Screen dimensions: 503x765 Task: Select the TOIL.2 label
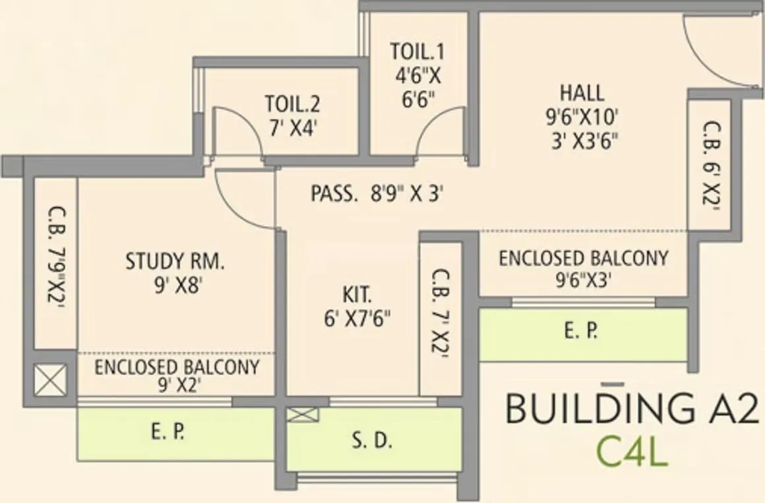click(x=293, y=104)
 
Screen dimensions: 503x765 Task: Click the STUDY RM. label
click(x=175, y=262)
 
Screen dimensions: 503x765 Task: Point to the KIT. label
click(x=357, y=292)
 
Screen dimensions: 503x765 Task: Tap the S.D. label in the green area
click(x=373, y=442)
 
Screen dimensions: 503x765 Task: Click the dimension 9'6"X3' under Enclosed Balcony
click(x=583, y=279)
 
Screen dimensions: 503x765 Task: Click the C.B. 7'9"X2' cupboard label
click(x=55, y=264)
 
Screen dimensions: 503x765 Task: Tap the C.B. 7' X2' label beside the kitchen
click(x=440, y=314)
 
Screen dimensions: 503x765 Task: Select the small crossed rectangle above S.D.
click(x=303, y=415)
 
